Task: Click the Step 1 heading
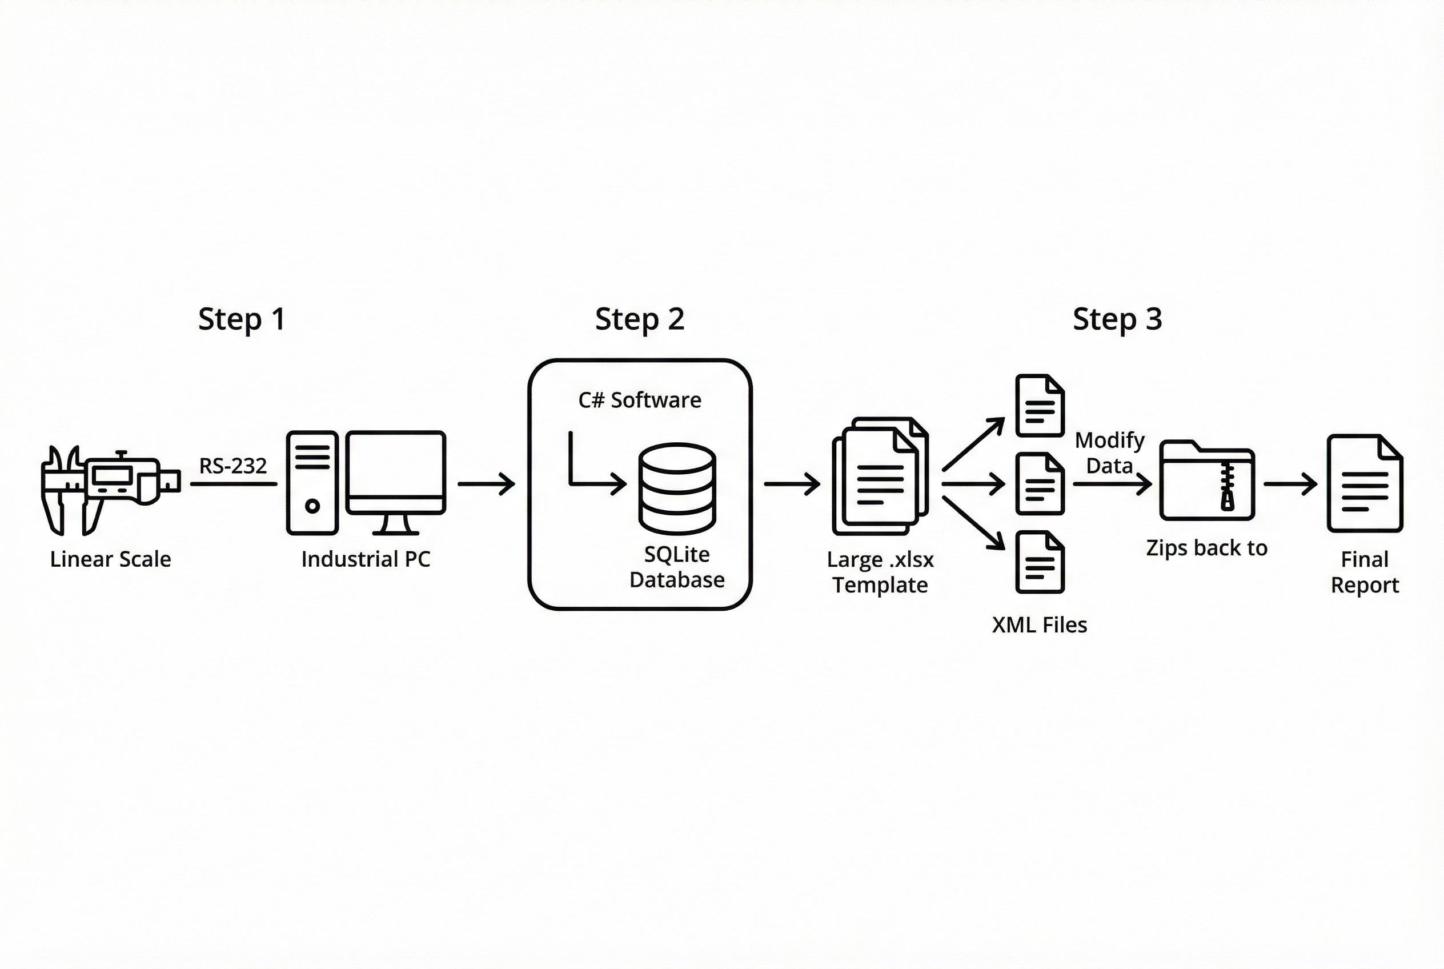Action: point(242,319)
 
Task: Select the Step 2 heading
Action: point(640,319)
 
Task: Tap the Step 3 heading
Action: point(1117,319)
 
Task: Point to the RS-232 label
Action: point(232,465)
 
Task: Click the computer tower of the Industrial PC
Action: point(312,483)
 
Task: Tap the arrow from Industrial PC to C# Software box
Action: point(486,484)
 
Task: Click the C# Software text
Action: point(640,401)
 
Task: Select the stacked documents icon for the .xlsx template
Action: point(880,477)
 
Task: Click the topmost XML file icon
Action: point(1040,406)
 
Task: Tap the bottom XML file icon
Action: point(1040,562)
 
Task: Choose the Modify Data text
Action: point(1109,453)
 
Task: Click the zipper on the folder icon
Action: point(1227,488)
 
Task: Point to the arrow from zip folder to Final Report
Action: point(1290,484)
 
